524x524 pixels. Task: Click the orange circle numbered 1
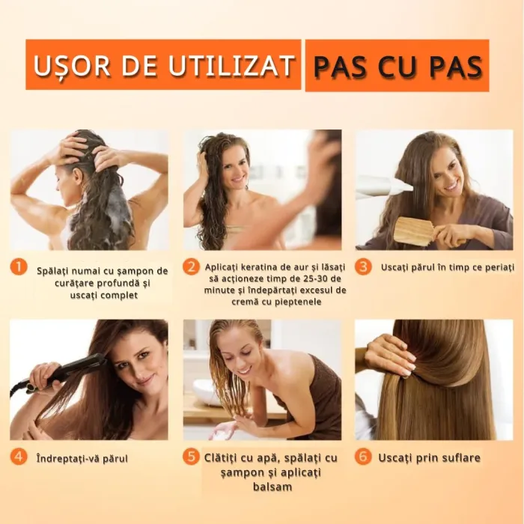click(x=19, y=267)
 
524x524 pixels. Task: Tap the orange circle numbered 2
click(x=192, y=267)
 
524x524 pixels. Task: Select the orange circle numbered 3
click(x=363, y=266)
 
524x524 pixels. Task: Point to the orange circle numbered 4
click(x=19, y=457)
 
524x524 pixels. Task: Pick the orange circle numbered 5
click(x=192, y=457)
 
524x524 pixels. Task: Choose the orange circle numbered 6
click(x=363, y=457)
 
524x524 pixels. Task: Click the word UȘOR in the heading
click(x=67, y=66)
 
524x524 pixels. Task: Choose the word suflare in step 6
click(x=457, y=457)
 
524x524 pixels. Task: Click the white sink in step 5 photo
click(x=206, y=391)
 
